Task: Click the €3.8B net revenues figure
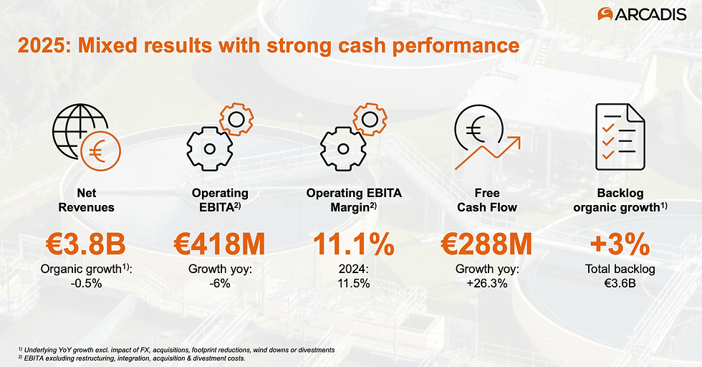(88, 244)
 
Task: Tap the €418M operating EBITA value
(219, 244)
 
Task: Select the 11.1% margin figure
(353, 244)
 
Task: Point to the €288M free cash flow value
(486, 244)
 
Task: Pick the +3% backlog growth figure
(620, 244)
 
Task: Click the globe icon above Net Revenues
(76, 133)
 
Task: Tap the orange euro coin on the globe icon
(101, 151)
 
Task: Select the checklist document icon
(620, 136)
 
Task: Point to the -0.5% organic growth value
(88, 283)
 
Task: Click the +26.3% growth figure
(486, 283)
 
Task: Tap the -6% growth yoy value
(219, 283)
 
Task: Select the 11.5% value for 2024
(353, 283)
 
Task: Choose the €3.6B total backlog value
(620, 283)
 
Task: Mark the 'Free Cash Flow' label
(486, 200)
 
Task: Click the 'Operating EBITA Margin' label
(353, 200)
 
